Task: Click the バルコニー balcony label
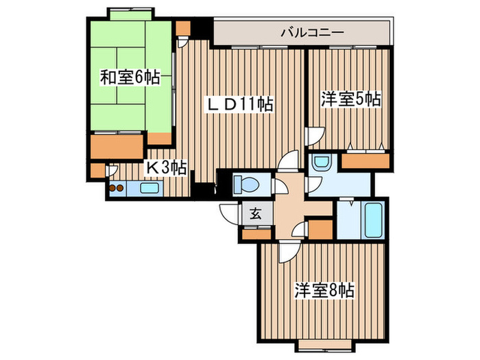point(312,32)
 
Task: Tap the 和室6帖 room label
point(130,77)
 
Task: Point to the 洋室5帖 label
point(350,99)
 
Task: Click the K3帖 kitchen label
point(165,166)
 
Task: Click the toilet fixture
point(245,185)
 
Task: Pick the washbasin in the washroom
point(320,163)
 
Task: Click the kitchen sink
point(148,187)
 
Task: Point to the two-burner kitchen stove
point(115,187)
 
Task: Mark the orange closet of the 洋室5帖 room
point(366,161)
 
